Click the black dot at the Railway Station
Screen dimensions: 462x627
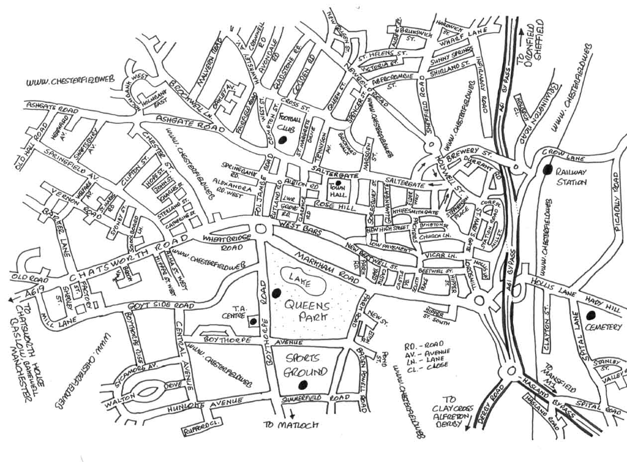pos(548,170)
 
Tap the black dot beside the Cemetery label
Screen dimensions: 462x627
pos(591,315)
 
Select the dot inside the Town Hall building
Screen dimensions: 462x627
pos(338,184)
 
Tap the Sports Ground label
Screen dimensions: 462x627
pos(305,365)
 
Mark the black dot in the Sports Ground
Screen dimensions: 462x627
pos(302,384)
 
